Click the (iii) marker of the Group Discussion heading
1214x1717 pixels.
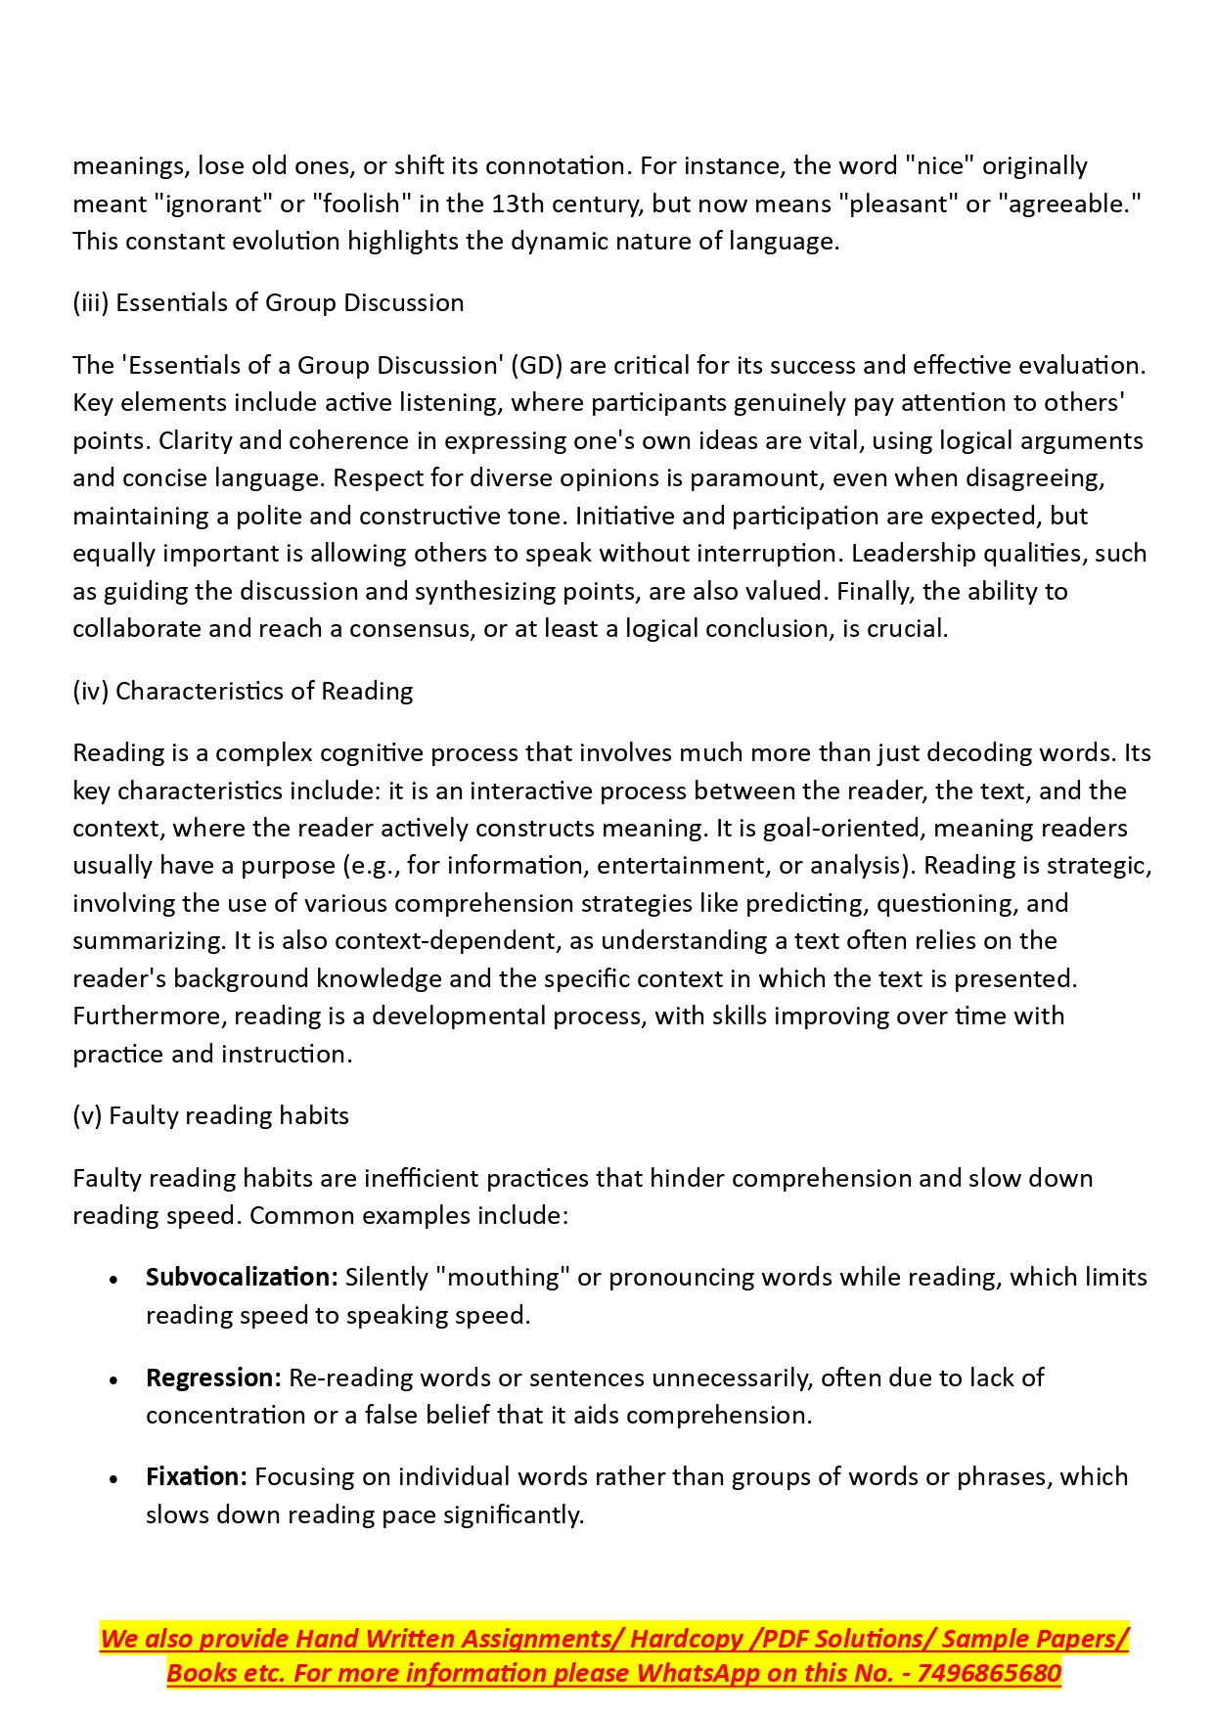tap(90, 303)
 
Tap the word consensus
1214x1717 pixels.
tap(411, 629)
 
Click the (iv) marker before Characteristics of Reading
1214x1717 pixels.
tap(91, 692)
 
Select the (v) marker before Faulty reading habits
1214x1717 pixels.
tap(87, 1116)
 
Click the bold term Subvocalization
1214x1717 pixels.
tap(242, 1278)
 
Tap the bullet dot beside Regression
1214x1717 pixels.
tap(114, 1379)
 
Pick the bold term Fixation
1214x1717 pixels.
tap(196, 1477)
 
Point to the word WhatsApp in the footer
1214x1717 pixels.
tap(699, 1674)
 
